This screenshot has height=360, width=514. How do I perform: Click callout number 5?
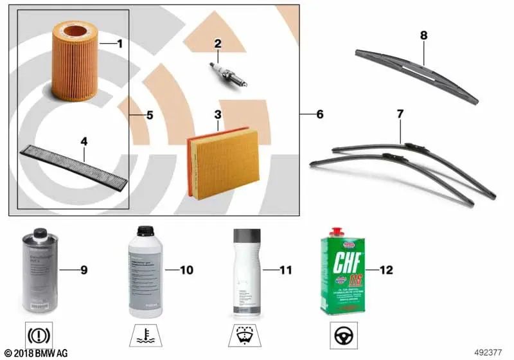click(149, 116)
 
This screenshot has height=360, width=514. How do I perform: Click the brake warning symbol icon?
click(39, 335)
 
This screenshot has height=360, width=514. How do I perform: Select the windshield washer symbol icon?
click(244, 335)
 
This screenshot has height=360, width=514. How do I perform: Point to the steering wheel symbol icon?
click(342, 335)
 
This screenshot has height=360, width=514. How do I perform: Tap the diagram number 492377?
click(490, 352)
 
